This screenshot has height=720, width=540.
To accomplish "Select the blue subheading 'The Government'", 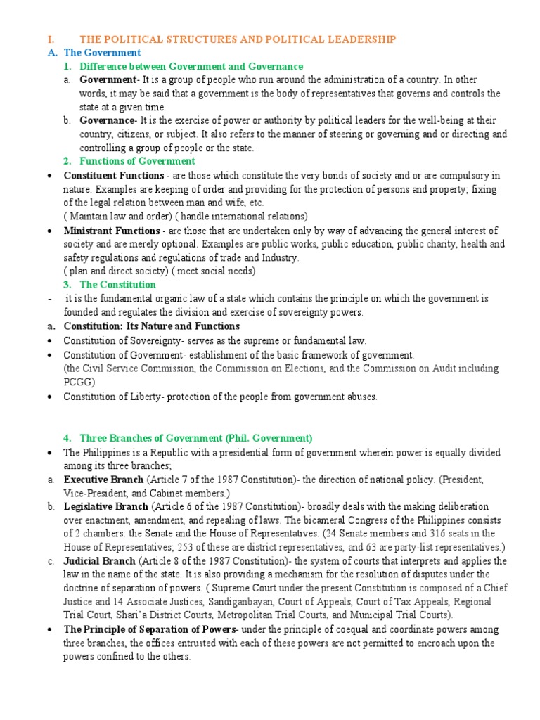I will coord(103,53).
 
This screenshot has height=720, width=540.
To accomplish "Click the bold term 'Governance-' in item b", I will coord(107,121).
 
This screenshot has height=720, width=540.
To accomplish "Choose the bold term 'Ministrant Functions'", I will coord(112,231).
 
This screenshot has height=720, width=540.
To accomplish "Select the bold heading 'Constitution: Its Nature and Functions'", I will coord(151,326).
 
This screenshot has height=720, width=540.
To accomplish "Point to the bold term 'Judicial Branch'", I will coord(99,561).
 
